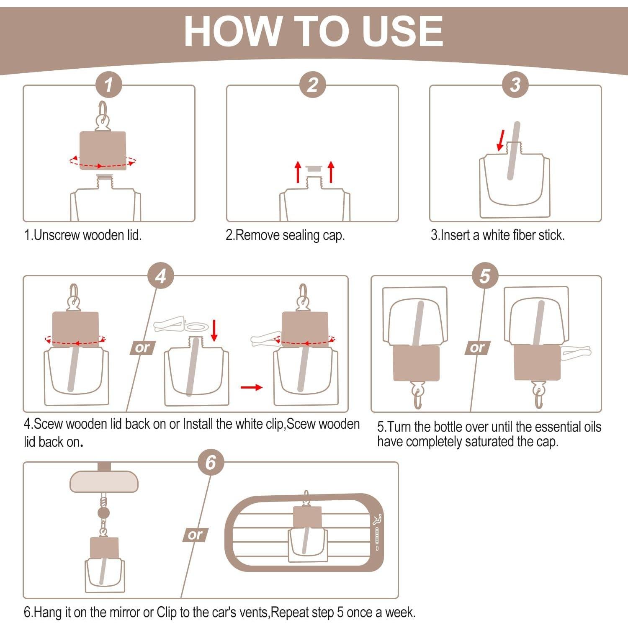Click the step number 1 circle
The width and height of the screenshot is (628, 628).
tap(108, 85)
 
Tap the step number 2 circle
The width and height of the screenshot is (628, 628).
tap(312, 85)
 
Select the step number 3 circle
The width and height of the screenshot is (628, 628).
tap(515, 85)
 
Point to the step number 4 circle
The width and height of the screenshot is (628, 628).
tap(161, 276)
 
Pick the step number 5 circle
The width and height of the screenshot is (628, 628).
tap(485, 276)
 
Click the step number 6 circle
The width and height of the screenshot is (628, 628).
tap(211, 463)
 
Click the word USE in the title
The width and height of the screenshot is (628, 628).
tap(402, 31)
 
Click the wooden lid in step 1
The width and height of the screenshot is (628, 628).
tap(103, 151)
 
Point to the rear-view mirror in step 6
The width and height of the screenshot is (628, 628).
tap(104, 481)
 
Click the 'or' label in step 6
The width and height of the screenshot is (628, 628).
tap(195, 535)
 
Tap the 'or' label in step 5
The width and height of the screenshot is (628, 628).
tap(477, 348)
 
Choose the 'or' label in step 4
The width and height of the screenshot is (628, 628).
tap(142, 348)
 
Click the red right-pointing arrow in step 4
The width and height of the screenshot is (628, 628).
tap(252, 387)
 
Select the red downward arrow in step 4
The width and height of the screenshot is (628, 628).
tap(214, 331)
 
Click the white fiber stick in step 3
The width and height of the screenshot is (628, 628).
tap(513, 151)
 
